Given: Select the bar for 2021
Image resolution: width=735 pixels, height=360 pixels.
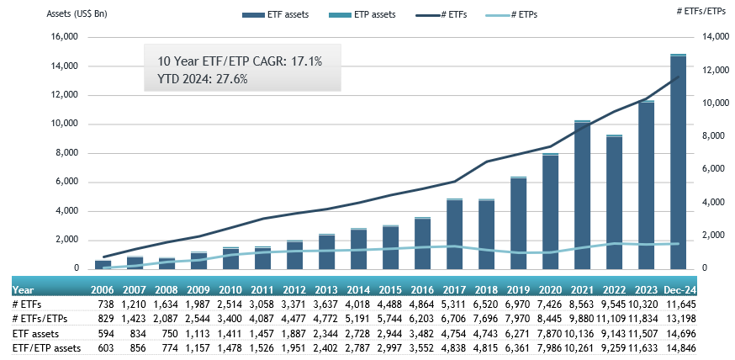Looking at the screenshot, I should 582,195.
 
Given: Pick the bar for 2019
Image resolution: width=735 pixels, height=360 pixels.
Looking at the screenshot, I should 518,223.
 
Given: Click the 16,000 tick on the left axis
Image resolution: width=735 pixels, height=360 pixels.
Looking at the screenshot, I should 65,37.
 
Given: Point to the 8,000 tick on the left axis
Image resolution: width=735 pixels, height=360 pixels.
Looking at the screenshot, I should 67,153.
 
